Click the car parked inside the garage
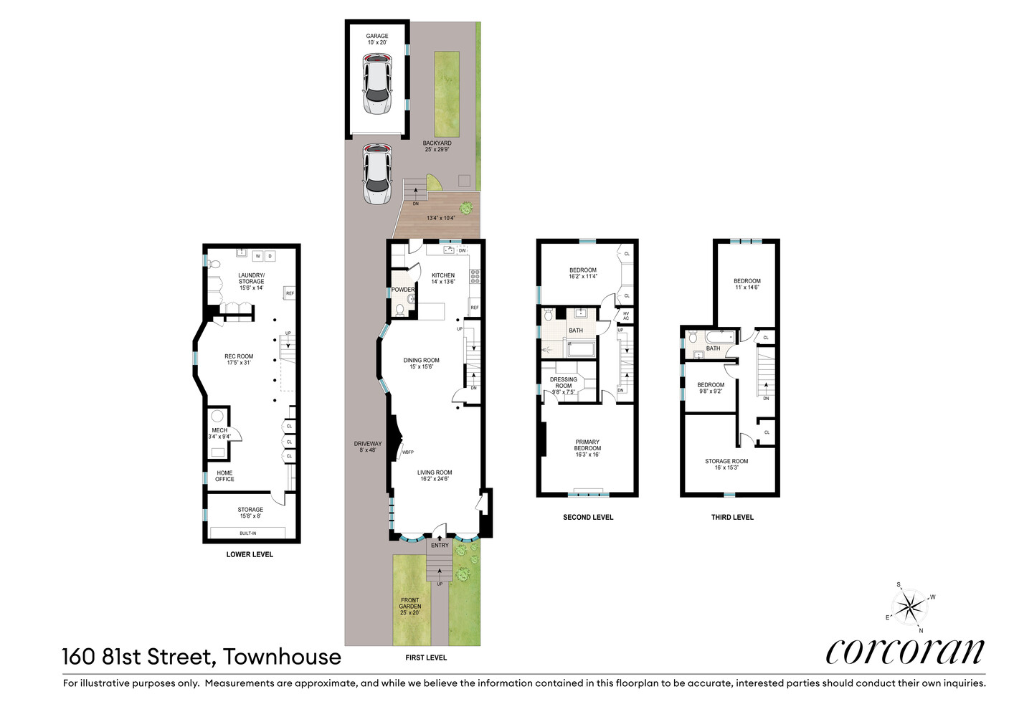click(x=377, y=86)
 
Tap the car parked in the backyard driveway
click(x=377, y=174)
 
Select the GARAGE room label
click(x=377, y=36)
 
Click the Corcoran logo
click(x=905, y=651)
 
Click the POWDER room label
click(x=402, y=290)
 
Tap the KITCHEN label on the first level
click(x=443, y=275)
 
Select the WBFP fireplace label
click(x=407, y=452)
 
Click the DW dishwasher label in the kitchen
click(x=462, y=250)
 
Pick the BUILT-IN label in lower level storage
click(x=247, y=533)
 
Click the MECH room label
click(x=219, y=430)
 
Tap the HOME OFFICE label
click(x=224, y=476)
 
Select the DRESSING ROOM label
click(x=564, y=382)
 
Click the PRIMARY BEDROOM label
click(x=587, y=445)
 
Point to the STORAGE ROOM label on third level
click(x=726, y=461)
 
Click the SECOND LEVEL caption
click(x=588, y=517)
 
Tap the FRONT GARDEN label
click(x=410, y=603)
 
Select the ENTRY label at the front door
click(x=440, y=546)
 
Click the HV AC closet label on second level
click(x=626, y=315)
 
